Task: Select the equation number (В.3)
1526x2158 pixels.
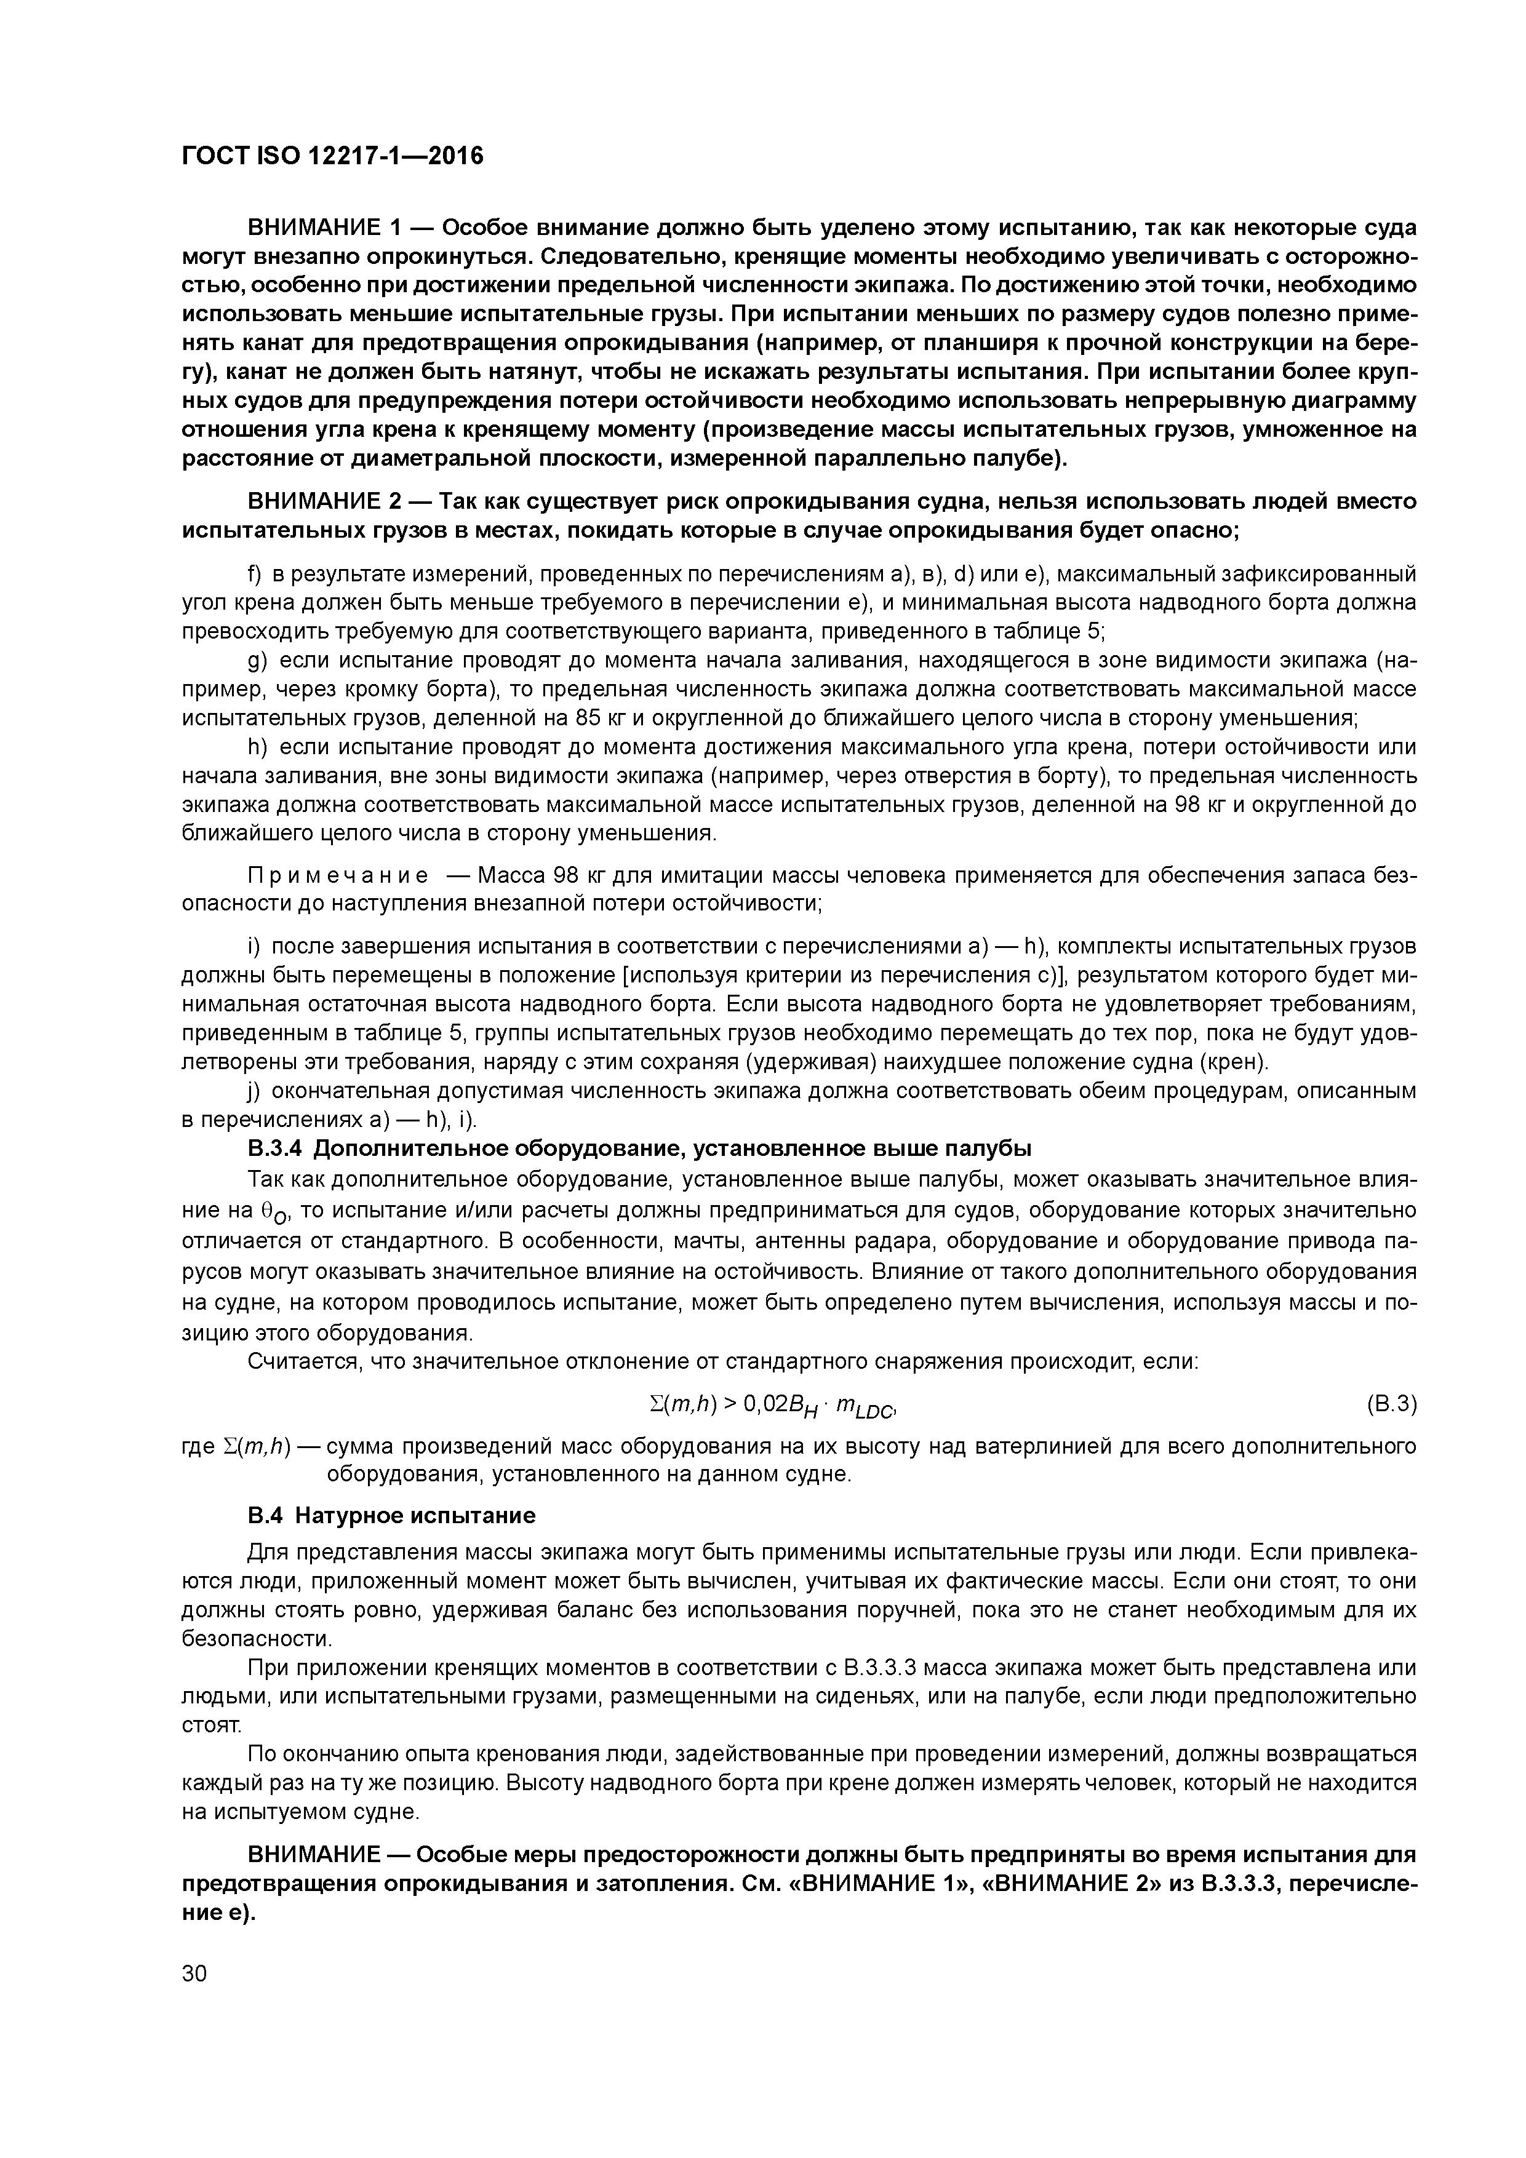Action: (x=1389, y=1404)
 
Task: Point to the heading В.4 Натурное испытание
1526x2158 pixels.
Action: (x=391, y=1515)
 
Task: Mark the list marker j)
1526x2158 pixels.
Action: (x=253, y=1091)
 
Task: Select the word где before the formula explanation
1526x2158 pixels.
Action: (x=198, y=1446)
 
